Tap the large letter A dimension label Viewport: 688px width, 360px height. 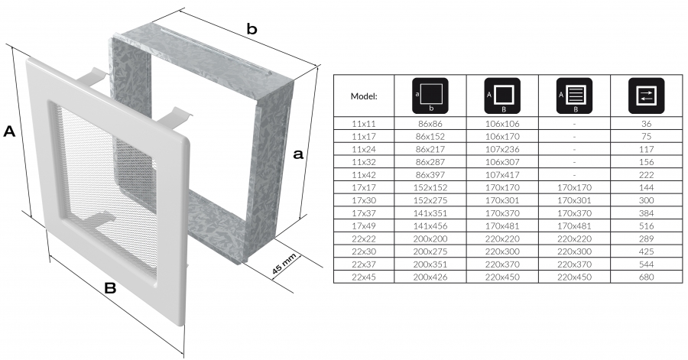[x=10, y=131]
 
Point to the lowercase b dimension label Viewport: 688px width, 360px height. [x=251, y=30]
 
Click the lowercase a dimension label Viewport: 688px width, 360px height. [x=299, y=154]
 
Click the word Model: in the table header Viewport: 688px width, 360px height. [x=363, y=96]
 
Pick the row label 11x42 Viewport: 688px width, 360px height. [x=363, y=174]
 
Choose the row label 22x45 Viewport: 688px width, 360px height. [x=363, y=276]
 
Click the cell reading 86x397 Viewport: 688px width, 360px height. [x=429, y=174]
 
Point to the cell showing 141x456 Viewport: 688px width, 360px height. [x=429, y=225]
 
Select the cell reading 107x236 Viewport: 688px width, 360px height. [x=501, y=149]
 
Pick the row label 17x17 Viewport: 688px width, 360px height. [x=363, y=187]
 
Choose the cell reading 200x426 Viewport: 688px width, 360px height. [x=429, y=276]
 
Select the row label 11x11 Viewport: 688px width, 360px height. [x=363, y=124]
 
